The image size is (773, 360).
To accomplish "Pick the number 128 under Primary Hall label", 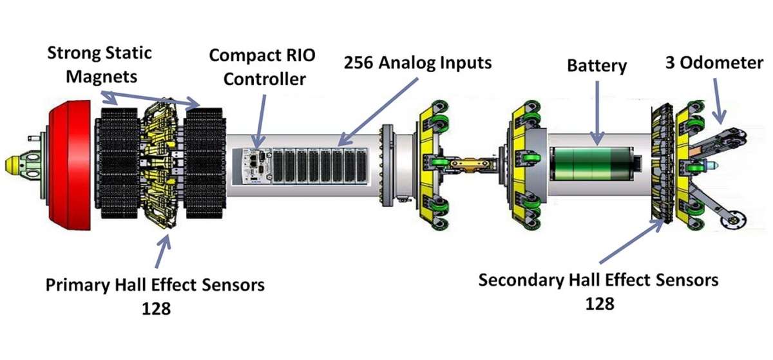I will click(x=156, y=308).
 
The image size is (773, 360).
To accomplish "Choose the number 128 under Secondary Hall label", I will click(x=599, y=303).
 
